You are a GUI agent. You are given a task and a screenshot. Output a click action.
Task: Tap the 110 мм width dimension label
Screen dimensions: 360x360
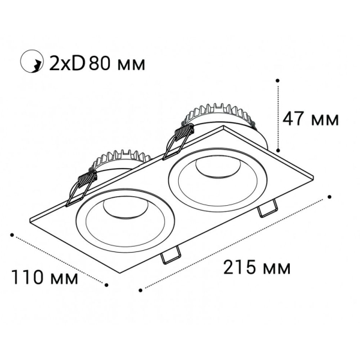pos(44,278)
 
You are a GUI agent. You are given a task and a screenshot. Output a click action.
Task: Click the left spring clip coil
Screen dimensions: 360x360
pos(87,179)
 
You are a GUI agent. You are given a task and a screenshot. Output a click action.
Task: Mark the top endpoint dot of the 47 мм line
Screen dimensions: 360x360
pos(278,79)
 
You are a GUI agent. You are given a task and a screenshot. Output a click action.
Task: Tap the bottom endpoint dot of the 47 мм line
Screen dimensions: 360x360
pos(278,151)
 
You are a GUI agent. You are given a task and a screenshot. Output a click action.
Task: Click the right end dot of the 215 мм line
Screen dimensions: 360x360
pos(331,195)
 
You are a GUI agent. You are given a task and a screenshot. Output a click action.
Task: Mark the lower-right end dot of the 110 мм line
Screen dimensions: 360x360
pos(106,286)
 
